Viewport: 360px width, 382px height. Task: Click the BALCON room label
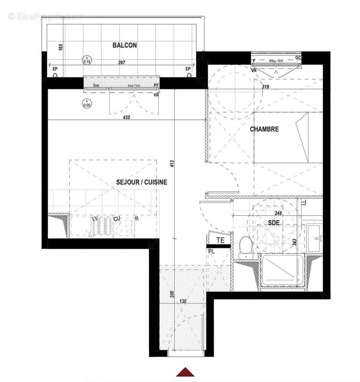(x=125, y=45)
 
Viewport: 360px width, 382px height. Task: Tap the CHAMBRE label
(x=264, y=129)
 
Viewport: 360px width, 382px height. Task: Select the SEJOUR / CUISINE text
(x=141, y=182)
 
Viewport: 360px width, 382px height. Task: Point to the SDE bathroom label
(x=273, y=223)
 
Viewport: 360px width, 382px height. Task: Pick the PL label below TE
(x=211, y=249)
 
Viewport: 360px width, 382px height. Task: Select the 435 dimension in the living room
(x=126, y=117)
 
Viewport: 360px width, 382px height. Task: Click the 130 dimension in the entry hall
(x=182, y=301)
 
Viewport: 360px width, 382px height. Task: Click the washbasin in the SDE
(x=315, y=237)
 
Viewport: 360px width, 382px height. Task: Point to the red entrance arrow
(x=184, y=372)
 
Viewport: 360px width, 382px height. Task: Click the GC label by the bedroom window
(x=298, y=57)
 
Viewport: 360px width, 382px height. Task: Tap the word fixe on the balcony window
(x=96, y=85)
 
